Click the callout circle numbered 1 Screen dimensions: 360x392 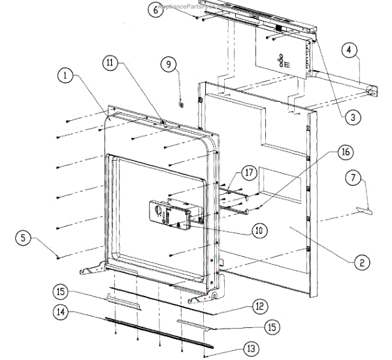tap(65, 76)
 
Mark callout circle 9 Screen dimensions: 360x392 tap(169, 64)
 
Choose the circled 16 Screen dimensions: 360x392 tap(346, 152)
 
